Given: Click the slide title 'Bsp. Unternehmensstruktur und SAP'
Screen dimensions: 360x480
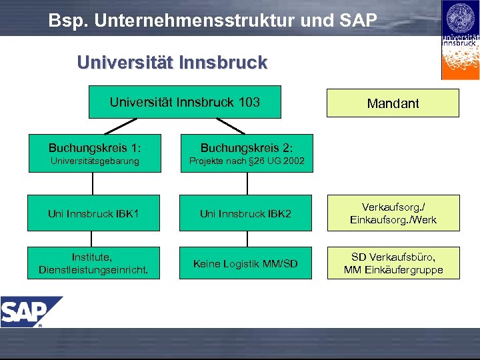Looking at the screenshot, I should coord(212,20).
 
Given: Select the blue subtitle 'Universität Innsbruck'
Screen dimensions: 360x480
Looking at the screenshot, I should coord(172,63).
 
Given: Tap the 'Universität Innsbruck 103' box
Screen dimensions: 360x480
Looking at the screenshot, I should coord(185,102).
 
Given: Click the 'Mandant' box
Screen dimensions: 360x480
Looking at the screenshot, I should coord(393,103).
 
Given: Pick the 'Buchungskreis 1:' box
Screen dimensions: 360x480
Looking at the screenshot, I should coord(94,153).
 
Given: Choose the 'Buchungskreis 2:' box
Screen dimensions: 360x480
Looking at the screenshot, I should coord(246,153).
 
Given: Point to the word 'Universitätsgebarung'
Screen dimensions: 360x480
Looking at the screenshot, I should coord(94,161).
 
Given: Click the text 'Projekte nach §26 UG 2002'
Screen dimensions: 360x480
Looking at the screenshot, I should coord(246,161).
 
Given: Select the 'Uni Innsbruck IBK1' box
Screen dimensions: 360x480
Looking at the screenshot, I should coord(94,213).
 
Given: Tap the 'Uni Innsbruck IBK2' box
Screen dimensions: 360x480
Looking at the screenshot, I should coord(246,213).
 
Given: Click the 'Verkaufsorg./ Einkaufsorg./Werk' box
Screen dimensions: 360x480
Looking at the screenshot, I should coord(393,213).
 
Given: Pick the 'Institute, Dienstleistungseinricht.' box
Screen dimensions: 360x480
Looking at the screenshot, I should coord(94,263).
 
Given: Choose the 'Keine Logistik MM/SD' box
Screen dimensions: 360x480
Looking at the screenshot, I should coord(246,263).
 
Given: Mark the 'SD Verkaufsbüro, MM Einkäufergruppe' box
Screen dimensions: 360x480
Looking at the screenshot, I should coord(393,263).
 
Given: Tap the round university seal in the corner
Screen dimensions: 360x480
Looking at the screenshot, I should coord(460,17).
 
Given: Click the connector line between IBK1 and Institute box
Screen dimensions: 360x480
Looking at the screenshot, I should coord(93,239).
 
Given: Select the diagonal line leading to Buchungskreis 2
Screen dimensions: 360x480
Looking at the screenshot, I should coord(231,127).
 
